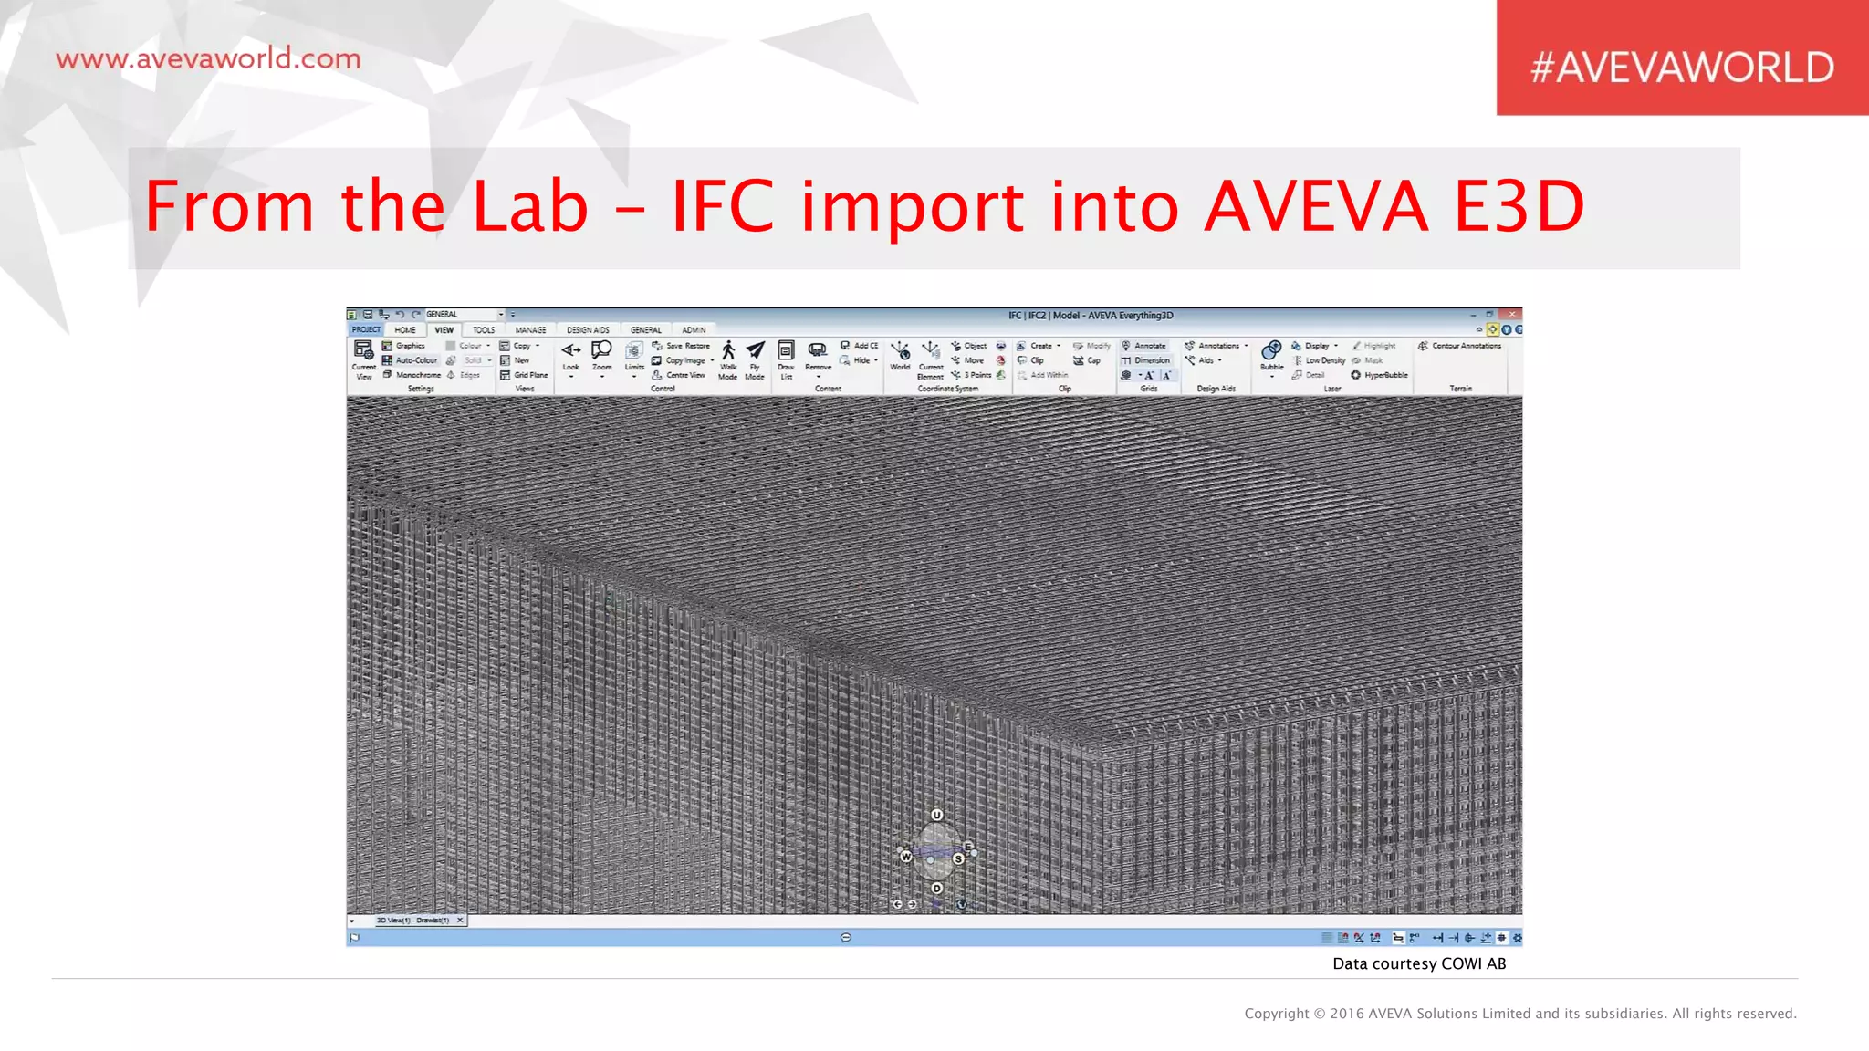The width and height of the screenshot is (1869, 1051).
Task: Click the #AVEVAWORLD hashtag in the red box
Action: [x=1682, y=68]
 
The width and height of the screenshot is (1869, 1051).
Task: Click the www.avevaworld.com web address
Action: [x=208, y=59]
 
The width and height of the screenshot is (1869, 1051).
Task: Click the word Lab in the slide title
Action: [x=529, y=206]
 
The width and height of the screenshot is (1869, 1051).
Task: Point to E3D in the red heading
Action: [x=1519, y=206]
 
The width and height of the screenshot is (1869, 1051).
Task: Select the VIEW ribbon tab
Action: [x=444, y=330]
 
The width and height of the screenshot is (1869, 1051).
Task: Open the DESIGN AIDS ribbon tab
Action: [x=588, y=330]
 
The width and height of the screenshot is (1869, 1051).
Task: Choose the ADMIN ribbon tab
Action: [x=694, y=330]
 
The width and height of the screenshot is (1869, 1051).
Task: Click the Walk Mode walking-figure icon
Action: [x=728, y=351]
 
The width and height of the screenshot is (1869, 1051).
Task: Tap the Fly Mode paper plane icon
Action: [x=756, y=351]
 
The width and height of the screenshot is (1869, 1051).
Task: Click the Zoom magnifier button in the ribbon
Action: [x=601, y=352]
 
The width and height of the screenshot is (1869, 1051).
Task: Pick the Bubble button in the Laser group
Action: [x=1271, y=352]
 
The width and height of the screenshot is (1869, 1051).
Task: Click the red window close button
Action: [x=1511, y=315]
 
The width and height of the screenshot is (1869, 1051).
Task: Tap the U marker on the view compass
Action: [x=937, y=815]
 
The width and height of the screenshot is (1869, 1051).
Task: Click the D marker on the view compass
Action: [x=937, y=888]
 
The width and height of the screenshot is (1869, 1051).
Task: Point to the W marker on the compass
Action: [x=906, y=857]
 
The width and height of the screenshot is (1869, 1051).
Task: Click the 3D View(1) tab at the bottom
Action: [x=413, y=920]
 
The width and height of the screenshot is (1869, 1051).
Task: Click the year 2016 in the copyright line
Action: [x=1347, y=1014]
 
